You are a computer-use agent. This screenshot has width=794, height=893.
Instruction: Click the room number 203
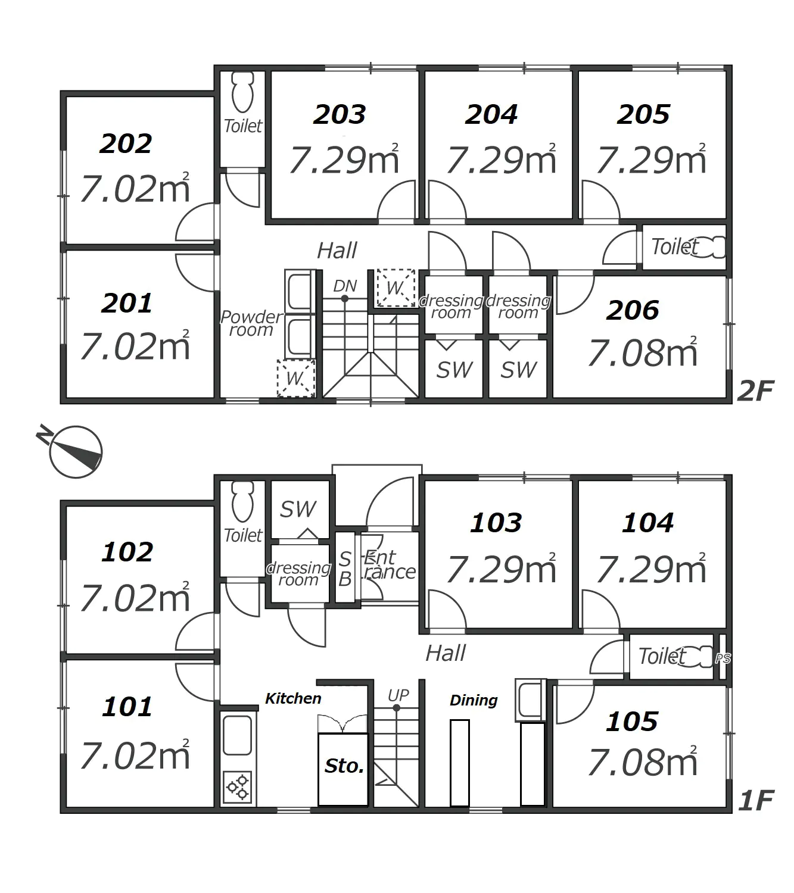click(339, 114)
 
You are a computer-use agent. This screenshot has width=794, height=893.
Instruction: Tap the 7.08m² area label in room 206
click(643, 352)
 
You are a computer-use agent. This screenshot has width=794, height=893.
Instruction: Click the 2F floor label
click(756, 391)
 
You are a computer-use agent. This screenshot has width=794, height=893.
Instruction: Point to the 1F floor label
click(756, 801)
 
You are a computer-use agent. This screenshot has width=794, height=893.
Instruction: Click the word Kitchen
click(293, 698)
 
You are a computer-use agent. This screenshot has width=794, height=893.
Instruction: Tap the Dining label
click(474, 700)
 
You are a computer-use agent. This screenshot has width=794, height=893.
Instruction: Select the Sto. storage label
click(344, 766)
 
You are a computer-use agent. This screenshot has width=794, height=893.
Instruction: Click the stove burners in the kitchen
click(238, 786)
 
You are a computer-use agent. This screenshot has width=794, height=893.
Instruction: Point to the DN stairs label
click(345, 286)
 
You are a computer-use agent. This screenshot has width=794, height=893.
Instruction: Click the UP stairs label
click(398, 695)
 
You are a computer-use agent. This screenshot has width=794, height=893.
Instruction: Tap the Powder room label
click(251, 323)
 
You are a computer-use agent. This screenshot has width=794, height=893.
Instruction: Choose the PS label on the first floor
click(723, 658)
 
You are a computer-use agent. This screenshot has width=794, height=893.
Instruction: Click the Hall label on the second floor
click(337, 251)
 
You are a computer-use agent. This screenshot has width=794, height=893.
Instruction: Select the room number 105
click(631, 722)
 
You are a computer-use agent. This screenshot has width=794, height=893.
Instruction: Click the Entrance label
click(389, 564)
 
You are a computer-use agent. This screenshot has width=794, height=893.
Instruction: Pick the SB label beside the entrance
click(345, 569)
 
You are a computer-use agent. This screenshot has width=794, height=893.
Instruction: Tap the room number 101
click(127, 707)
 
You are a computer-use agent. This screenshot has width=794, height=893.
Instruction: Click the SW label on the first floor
click(298, 509)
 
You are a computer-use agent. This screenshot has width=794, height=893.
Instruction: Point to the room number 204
click(491, 114)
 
